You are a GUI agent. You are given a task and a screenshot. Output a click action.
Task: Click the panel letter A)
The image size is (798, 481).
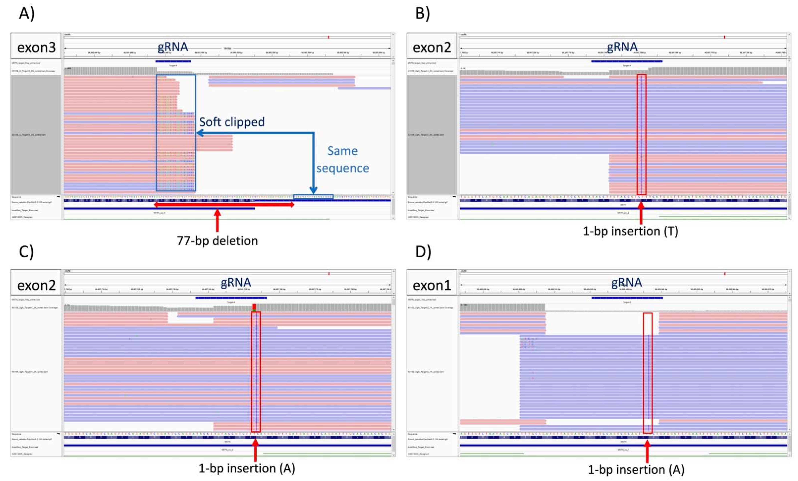click(x=27, y=14)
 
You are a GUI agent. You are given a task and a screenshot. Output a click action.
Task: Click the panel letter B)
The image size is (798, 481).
click(x=423, y=14)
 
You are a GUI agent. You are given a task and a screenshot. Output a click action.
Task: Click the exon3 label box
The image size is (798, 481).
click(x=36, y=47)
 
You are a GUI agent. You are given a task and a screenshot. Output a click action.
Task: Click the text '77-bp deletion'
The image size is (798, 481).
click(x=217, y=241)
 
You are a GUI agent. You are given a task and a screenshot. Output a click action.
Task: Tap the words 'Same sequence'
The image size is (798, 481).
click(x=342, y=159)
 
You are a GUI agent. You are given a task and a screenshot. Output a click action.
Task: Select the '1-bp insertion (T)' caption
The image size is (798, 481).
click(x=630, y=231)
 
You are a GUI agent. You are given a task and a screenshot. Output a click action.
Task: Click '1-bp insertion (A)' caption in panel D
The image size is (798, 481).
click(x=636, y=469)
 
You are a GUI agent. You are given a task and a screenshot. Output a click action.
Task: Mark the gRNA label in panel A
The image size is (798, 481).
click(x=173, y=47)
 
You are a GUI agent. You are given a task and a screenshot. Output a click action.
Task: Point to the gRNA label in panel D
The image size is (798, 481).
click(x=626, y=282)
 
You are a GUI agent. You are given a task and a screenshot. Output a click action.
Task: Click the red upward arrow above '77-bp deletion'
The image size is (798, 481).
click(x=217, y=220)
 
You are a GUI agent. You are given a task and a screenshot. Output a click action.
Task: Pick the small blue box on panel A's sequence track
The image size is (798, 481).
click(x=313, y=197)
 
